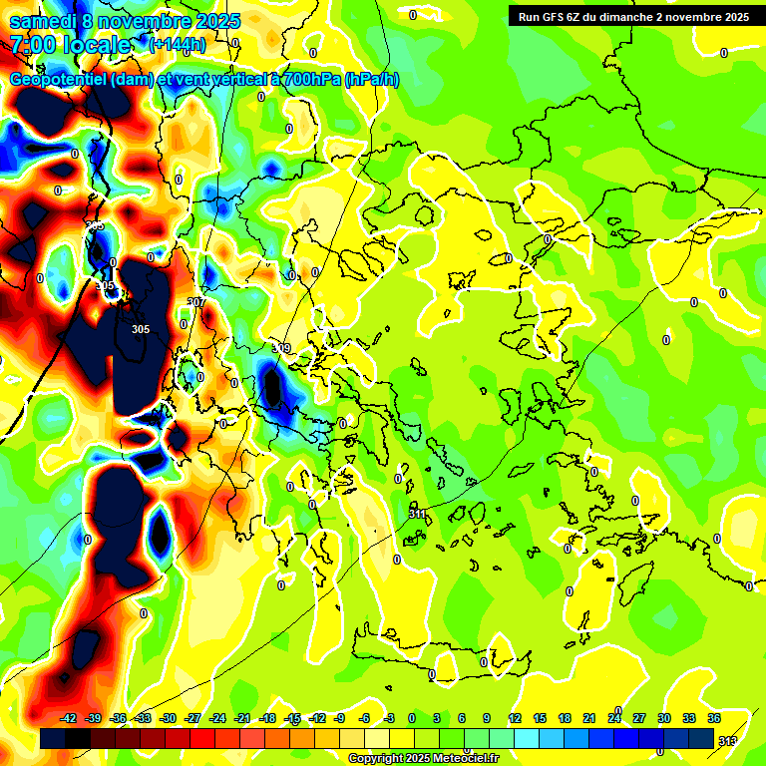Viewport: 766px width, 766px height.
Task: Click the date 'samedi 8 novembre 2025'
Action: pos(115,21)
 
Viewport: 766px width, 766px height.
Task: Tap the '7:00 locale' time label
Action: pos(71,45)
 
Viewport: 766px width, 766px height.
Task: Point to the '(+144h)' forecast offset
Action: pos(178,45)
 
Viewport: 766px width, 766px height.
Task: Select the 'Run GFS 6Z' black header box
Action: pos(634,16)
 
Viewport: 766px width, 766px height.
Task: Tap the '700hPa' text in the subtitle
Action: pos(310,80)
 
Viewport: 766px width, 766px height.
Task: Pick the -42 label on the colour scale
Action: pos(68,719)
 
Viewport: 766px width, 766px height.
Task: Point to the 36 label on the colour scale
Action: pos(714,719)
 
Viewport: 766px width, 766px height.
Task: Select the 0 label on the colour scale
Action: pos(412,719)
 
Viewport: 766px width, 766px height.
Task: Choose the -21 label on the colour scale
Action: pos(242,719)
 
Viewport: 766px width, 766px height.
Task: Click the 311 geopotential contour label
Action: pos(418,514)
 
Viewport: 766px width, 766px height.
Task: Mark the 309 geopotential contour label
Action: pos(281,348)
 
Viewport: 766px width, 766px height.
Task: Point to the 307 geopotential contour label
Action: pos(196,302)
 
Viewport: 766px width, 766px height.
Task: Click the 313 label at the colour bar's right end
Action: pos(728,740)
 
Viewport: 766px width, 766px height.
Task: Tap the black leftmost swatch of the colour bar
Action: pos(53,739)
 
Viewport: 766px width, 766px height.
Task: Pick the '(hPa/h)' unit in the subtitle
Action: pos(372,80)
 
